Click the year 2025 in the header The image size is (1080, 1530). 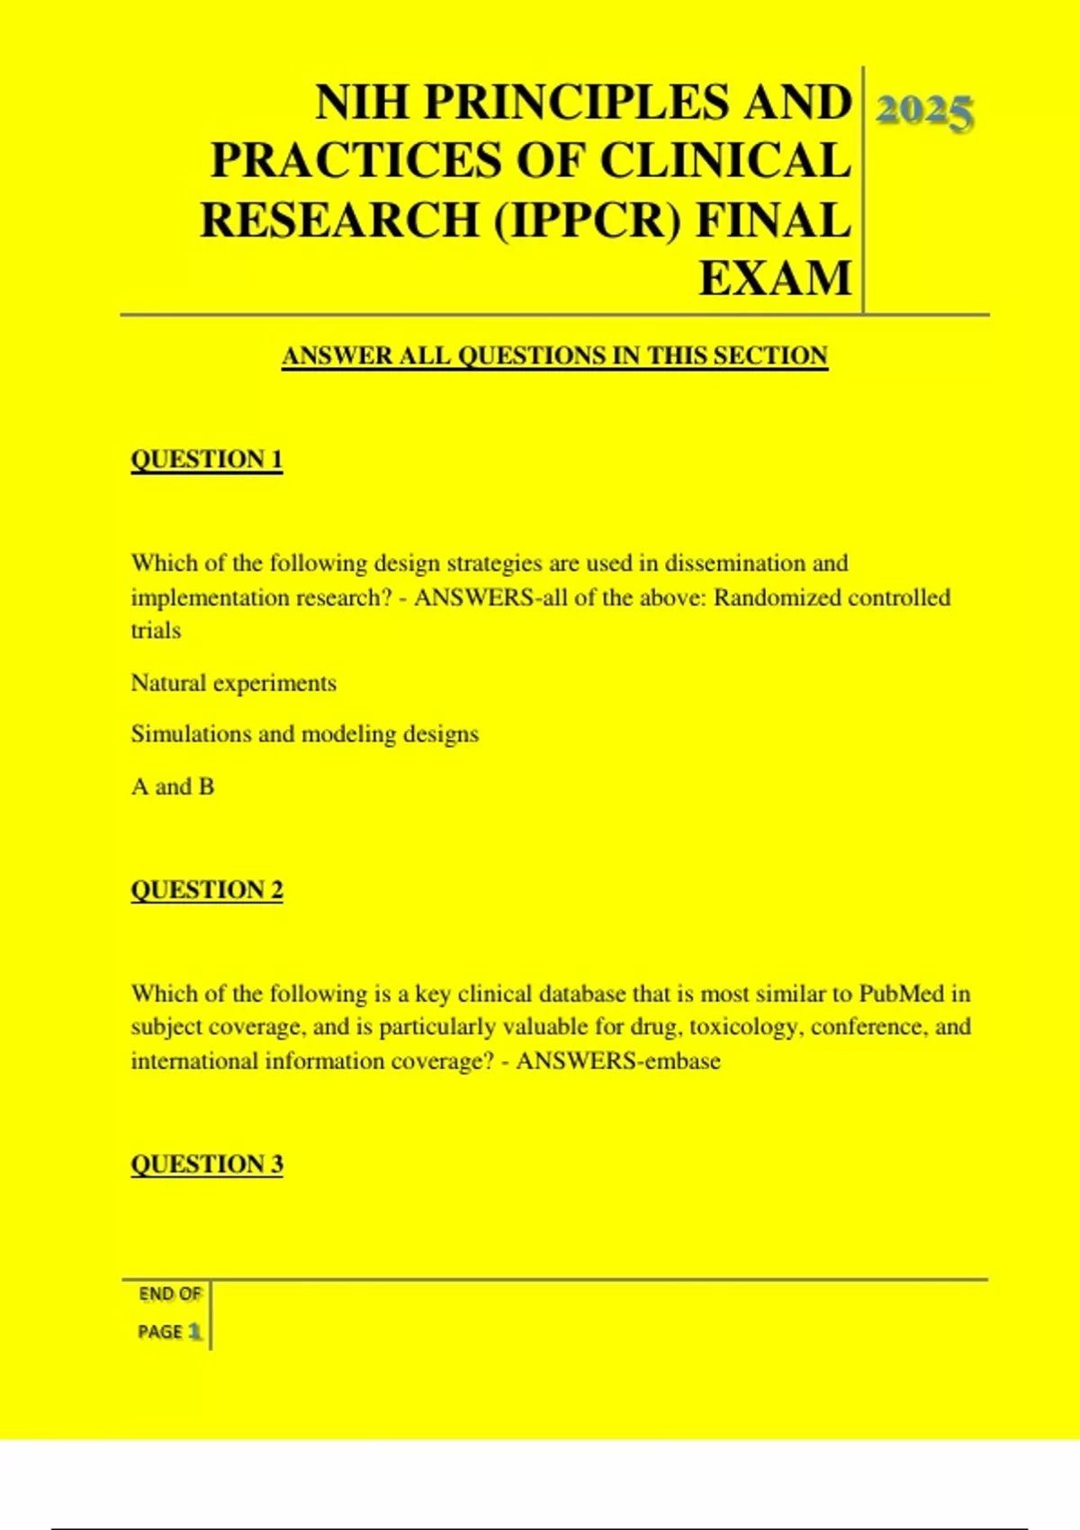point(924,112)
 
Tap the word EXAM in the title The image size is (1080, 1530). point(775,278)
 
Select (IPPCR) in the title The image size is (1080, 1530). point(588,220)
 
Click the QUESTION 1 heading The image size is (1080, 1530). point(207,459)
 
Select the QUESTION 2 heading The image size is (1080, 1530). point(207,889)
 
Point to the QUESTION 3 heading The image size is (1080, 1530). point(207,1164)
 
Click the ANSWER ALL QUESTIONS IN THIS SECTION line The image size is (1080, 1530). point(554,355)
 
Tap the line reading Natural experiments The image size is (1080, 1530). point(234,683)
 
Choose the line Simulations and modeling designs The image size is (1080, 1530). point(305,734)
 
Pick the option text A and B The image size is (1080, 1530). point(173,787)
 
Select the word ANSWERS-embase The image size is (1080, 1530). point(618,1061)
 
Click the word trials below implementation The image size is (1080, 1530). point(156,630)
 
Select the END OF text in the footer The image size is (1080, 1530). point(170,1294)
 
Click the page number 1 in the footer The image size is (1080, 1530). point(194,1332)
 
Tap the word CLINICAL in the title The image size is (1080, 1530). point(725,161)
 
